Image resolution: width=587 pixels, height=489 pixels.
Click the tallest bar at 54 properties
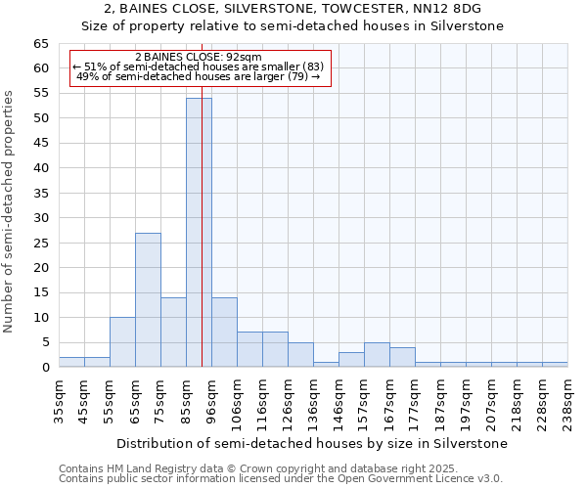coord(199,233)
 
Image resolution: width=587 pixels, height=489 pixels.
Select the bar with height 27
coord(148,299)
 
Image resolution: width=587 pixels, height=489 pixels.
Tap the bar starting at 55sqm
coord(122,341)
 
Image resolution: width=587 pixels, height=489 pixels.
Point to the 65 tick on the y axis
coord(40,44)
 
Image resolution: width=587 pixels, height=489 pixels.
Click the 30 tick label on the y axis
coord(40,218)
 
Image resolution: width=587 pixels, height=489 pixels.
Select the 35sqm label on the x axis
coord(59,401)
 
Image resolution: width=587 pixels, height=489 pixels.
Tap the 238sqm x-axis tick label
coord(567,401)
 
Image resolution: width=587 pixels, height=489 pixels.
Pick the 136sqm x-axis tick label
coord(313,401)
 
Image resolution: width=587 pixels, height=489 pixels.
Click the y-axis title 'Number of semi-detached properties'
coord(10,211)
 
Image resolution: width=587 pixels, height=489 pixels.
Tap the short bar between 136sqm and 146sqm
coord(326,365)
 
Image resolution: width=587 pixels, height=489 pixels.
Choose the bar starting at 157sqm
coord(377,355)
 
